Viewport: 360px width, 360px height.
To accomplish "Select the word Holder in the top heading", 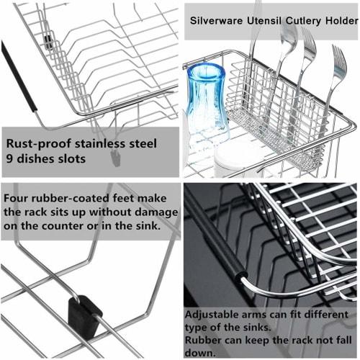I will coord(338,19).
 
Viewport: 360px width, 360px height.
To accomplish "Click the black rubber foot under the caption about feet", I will coord(85,312).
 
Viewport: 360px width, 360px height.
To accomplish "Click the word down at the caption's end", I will coord(200,353).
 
